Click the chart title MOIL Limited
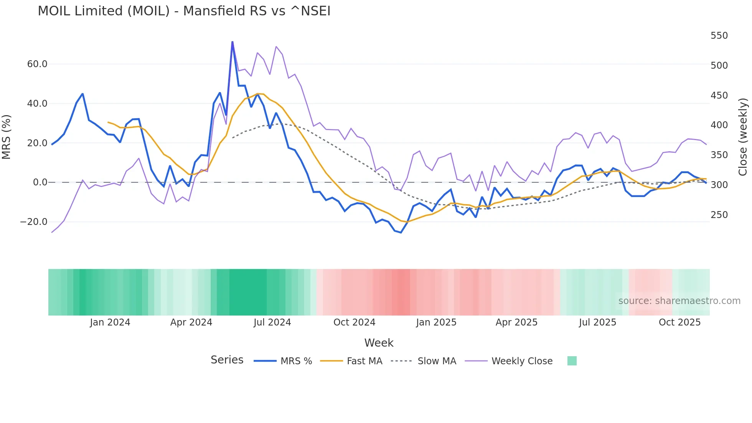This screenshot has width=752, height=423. [184, 11]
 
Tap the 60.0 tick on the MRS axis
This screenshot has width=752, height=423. [37, 64]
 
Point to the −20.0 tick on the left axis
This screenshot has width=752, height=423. [34, 222]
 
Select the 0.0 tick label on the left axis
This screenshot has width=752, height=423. [40, 182]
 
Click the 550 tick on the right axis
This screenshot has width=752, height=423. [719, 36]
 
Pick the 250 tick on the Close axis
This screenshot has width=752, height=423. [719, 215]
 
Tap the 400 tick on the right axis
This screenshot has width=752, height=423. [719, 125]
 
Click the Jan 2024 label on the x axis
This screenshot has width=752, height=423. [110, 322]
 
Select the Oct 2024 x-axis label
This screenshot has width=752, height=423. [354, 322]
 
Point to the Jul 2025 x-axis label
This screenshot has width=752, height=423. [597, 322]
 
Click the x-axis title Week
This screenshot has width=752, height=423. [379, 343]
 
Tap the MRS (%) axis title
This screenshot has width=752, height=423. [6, 137]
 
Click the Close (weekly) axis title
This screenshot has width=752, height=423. [743, 137]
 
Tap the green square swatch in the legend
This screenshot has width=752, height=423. [572, 361]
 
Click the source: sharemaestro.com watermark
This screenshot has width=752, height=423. [679, 301]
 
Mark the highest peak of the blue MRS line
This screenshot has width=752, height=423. [233, 42]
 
